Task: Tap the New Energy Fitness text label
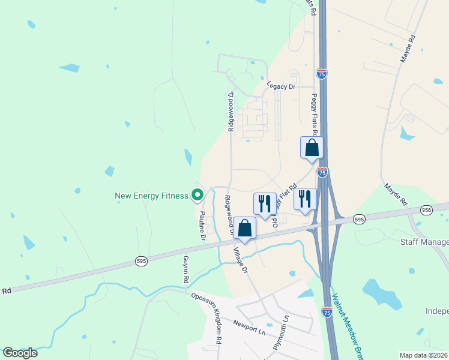[151, 196]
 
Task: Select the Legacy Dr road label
[282, 87]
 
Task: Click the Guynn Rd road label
[186, 271]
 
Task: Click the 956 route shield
[426, 209]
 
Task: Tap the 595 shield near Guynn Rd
[139, 261]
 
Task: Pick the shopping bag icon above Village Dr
[245, 227]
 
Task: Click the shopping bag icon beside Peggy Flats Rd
[312, 147]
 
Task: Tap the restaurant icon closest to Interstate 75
[305, 199]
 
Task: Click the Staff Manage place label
[424, 242]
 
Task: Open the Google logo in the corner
[20, 353]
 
